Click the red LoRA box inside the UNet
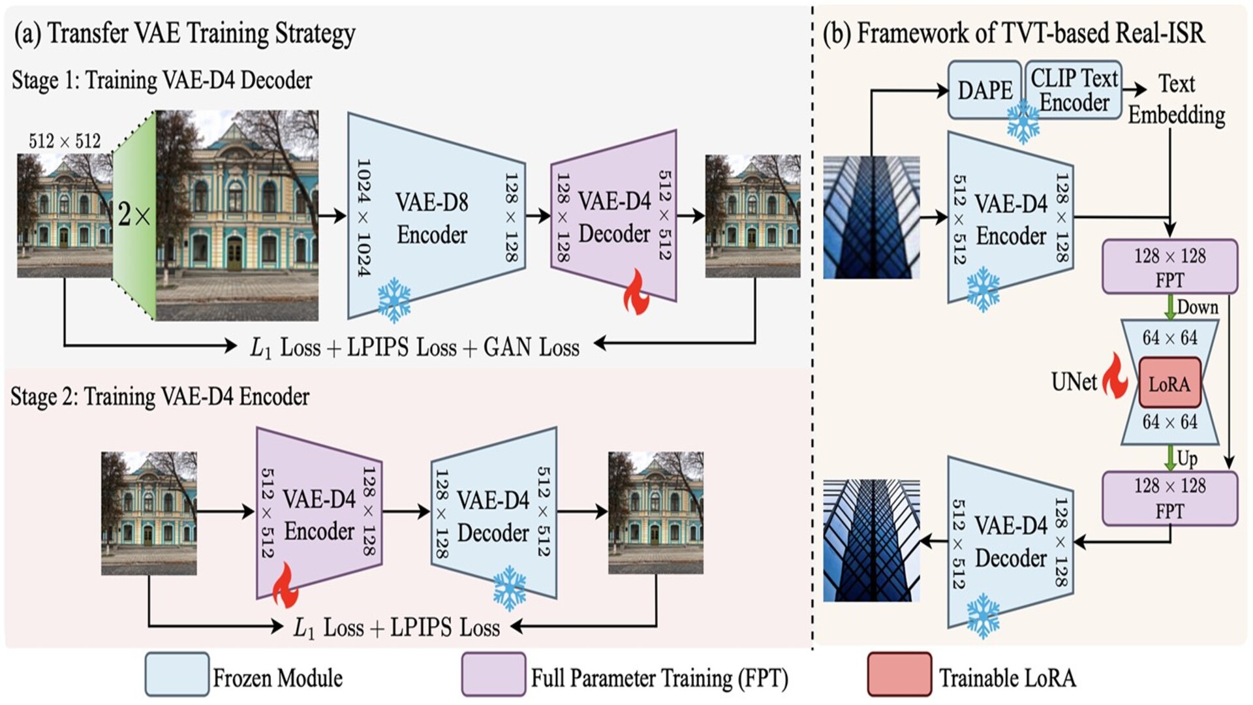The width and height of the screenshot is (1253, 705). pyautogui.click(x=1169, y=383)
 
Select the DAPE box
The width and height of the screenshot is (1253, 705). pyautogui.click(x=984, y=90)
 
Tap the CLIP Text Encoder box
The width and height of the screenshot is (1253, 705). pyautogui.click(x=1074, y=90)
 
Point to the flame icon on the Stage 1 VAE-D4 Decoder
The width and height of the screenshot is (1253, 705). pyautogui.click(x=636, y=293)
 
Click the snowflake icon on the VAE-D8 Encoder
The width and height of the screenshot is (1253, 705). pyautogui.click(x=394, y=300)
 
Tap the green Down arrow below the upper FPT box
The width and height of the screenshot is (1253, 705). pyautogui.click(x=1170, y=307)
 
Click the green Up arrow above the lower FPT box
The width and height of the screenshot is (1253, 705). pyautogui.click(x=1170, y=457)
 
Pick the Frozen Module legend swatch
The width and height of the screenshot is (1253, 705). pyautogui.click(x=177, y=674)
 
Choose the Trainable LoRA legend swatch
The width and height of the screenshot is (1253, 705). pyautogui.click(x=899, y=674)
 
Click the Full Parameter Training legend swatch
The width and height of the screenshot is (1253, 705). pyautogui.click(x=493, y=674)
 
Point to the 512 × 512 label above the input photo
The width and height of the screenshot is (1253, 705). pyautogui.click(x=65, y=141)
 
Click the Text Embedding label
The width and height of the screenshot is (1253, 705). pyautogui.click(x=1177, y=99)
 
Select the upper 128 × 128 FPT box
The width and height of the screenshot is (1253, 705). pyautogui.click(x=1169, y=266)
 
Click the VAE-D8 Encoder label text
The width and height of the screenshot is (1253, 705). pyautogui.click(x=432, y=218)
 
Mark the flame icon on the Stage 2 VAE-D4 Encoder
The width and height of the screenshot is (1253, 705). pyautogui.click(x=285, y=586)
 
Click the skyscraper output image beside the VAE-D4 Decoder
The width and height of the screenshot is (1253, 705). pyautogui.click(x=871, y=540)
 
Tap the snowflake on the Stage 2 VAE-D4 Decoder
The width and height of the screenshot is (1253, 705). pyautogui.click(x=509, y=587)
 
